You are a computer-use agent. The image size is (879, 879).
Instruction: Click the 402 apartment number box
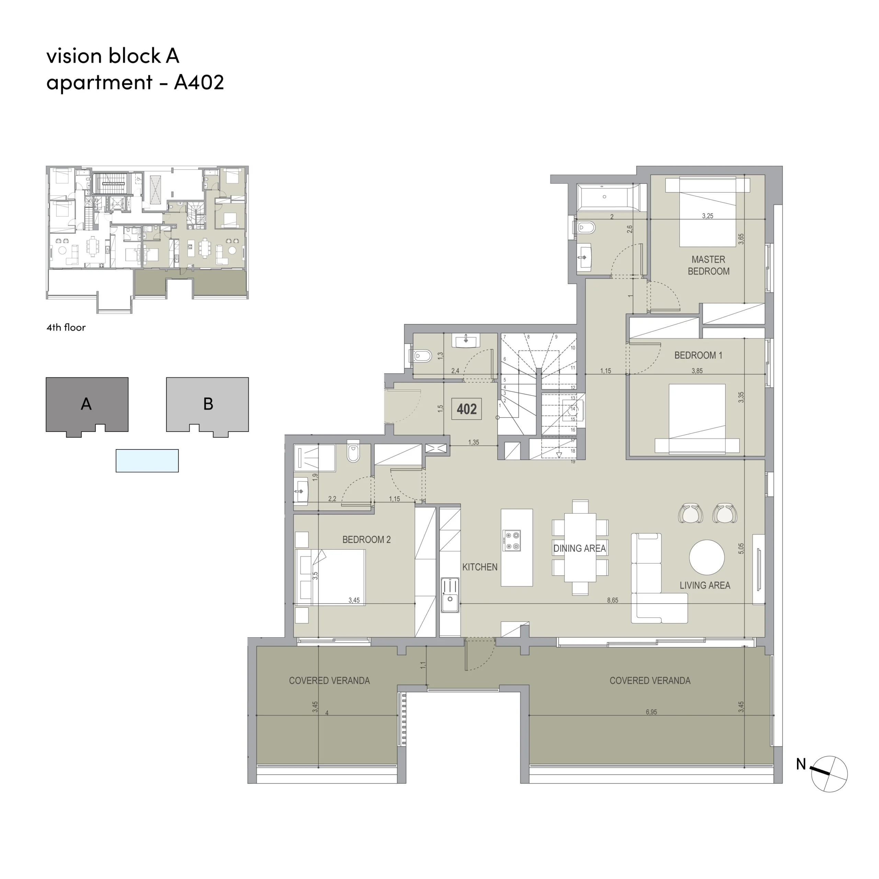click(x=466, y=409)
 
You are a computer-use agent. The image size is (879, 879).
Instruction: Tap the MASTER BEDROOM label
click(x=708, y=265)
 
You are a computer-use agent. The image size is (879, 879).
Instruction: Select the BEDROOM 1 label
click(x=698, y=355)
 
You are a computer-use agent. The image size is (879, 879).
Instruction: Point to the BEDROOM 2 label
click(x=366, y=540)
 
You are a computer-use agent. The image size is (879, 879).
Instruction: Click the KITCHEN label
click(x=480, y=567)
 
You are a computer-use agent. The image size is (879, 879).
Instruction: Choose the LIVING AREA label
click(x=705, y=585)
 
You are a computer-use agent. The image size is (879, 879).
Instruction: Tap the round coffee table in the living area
click(x=707, y=557)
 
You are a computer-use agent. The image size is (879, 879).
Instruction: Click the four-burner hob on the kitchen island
click(x=511, y=540)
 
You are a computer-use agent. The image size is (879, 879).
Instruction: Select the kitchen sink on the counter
click(x=449, y=595)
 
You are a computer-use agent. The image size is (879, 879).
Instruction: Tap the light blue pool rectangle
click(x=147, y=460)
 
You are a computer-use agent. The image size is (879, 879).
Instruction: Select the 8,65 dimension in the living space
click(x=613, y=600)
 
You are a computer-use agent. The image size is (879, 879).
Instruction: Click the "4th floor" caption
click(x=66, y=327)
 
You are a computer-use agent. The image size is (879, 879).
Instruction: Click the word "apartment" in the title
click(x=99, y=83)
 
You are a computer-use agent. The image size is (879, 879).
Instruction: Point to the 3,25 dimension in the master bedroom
click(x=707, y=216)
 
